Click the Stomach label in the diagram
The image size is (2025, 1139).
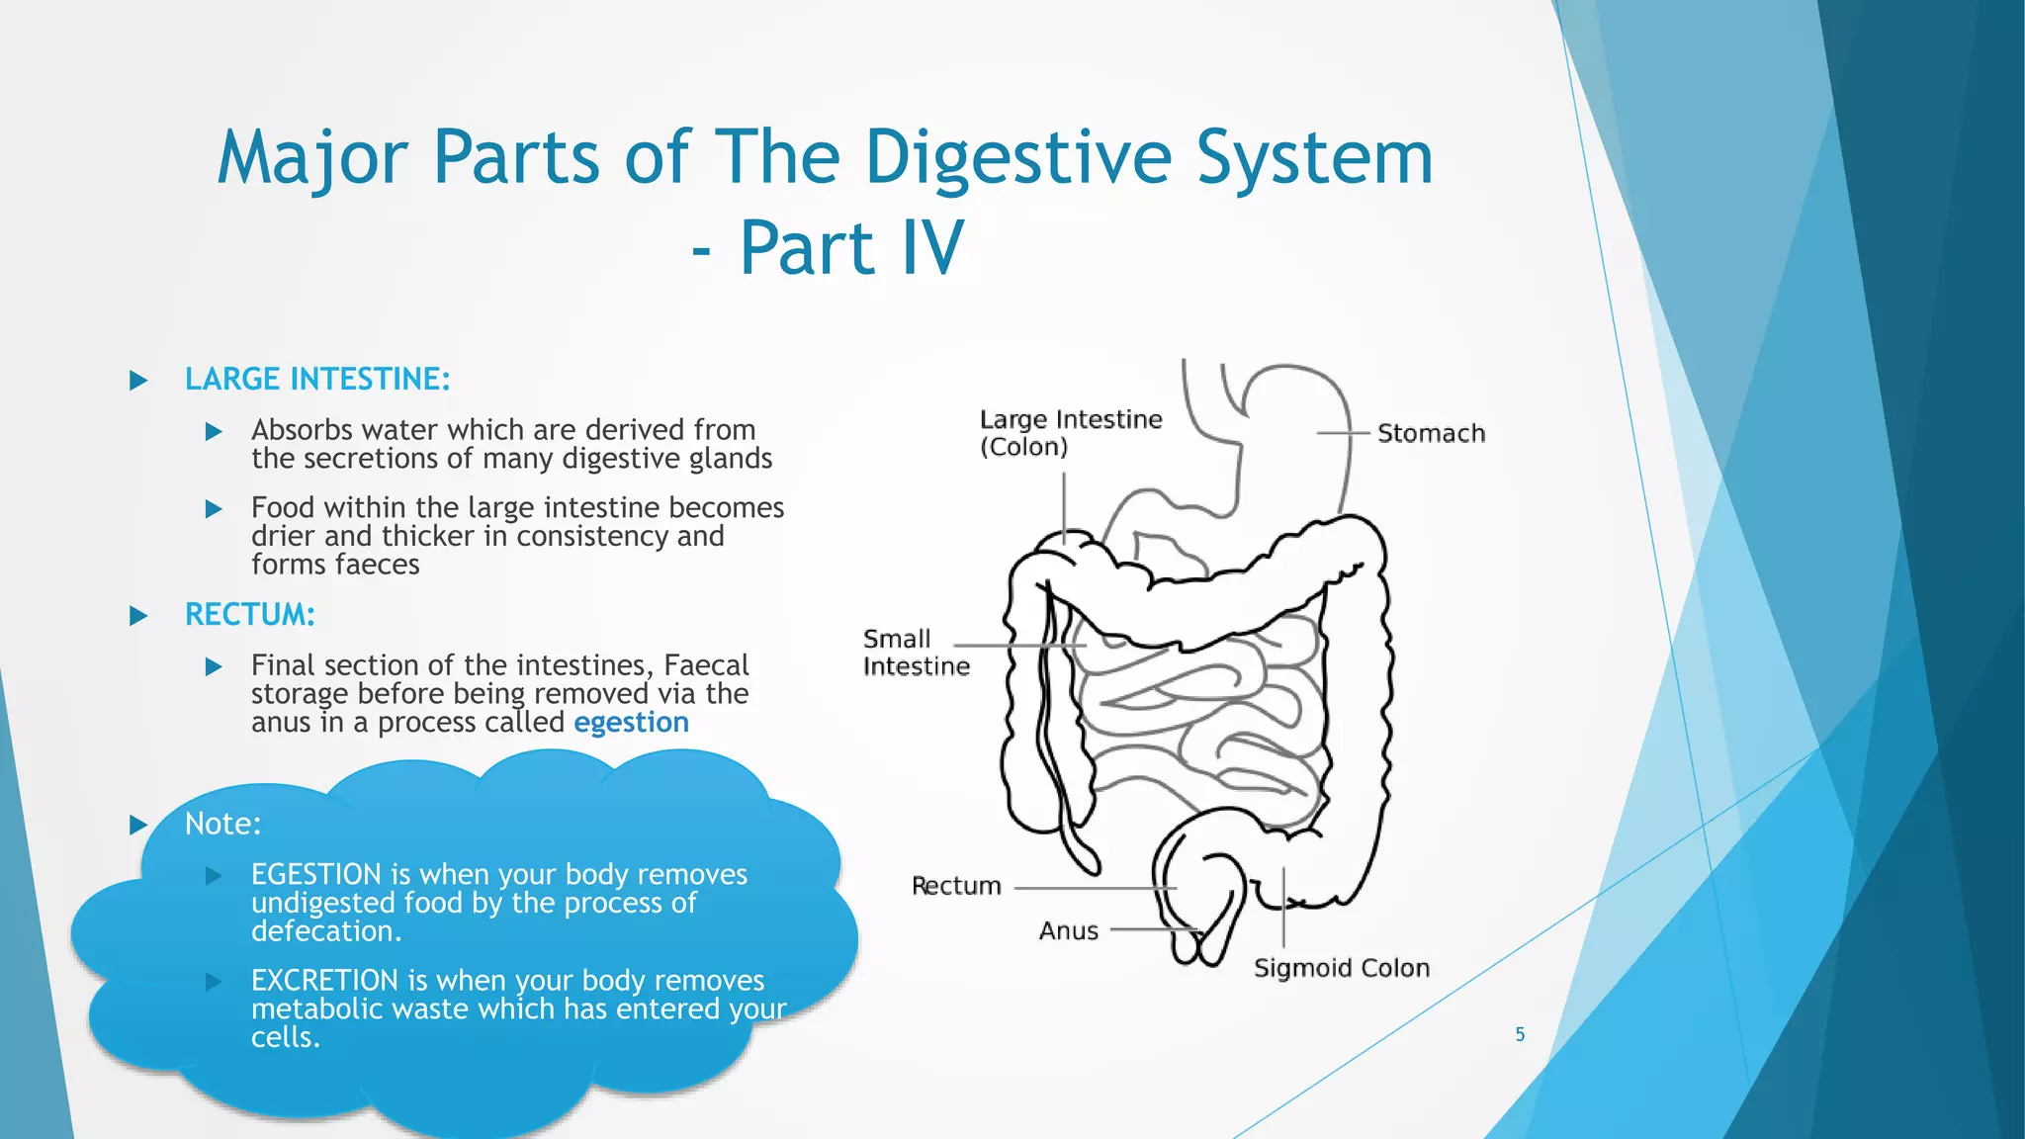pyautogui.click(x=1430, y=434)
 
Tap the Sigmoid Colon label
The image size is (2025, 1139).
pyautogui.click(x=1341, y=968)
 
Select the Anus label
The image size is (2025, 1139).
pyautogui.click(x=1068, y=931)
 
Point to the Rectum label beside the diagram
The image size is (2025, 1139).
pyautogui.click(x=955, y=886)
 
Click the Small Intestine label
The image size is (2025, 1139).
pyautogui.click(x=915, y=653)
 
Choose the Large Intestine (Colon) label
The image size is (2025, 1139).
pyautogui.click(x=1070, y=433)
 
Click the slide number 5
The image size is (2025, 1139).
pyautogui.click(x=1520, y=1034)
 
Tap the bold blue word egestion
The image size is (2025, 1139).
pyautogui.click(x=631, y=723)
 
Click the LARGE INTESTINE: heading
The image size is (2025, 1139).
pyautogui.click(x=317, y=379)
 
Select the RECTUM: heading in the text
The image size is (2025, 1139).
pyautogui.click(x=249, y=615)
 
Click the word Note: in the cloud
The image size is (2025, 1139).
pyautogui.click(x=222, y=824)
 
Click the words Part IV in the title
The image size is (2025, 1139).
pyautogui.click(x=851, y=247)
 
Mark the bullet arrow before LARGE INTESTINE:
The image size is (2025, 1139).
pyautogui.click(x=138, y=381)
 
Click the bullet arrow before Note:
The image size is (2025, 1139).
pyautogui.click(x=138, y=825)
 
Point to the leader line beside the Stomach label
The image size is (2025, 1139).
pyautogui.click(x=1343, y=433)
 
